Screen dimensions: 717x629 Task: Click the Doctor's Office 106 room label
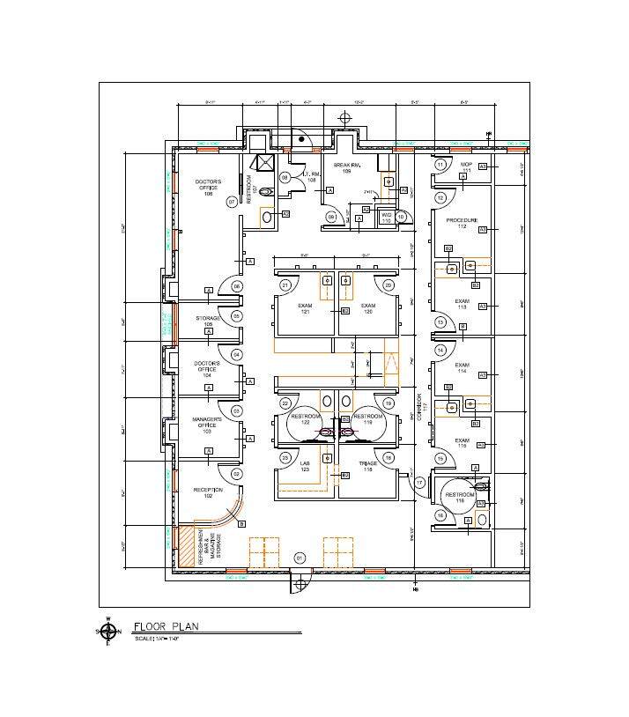click(208, 188)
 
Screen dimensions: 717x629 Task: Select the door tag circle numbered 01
click(300, 558)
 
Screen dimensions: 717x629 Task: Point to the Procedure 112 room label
click(462, 223)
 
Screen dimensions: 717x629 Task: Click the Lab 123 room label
click(305, 466)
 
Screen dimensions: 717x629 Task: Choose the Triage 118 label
click(368, 466)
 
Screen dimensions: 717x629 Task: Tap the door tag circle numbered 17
click(420, 483)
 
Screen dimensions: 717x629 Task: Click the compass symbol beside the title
click(108, 631)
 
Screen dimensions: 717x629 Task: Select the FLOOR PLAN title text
click(166, 626)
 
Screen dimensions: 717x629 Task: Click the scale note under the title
click(158, 639)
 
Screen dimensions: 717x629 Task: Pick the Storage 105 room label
click(208, 321)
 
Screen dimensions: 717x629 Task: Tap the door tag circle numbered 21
click(285, 285)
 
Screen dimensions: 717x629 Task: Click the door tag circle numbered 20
click(388, 285)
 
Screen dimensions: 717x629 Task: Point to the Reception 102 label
click(208, 492)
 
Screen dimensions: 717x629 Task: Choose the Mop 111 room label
click(466, 166)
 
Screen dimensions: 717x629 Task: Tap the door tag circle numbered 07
click(232, 202)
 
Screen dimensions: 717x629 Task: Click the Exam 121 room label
click(305, 308)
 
